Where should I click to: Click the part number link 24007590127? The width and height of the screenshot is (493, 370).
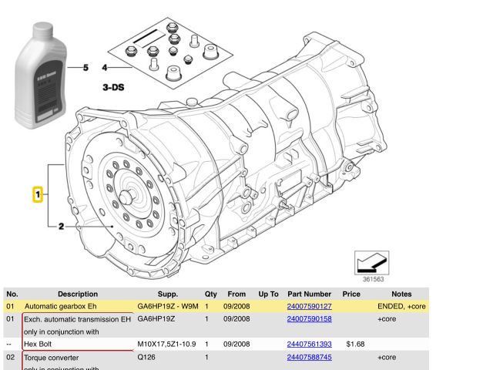(309, 307)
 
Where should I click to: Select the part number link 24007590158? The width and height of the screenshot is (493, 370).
(309, 319)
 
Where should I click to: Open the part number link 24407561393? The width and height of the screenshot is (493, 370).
(309, 345)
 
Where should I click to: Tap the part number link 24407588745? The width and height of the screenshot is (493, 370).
(309, 358)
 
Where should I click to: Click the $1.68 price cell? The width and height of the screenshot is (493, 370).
(354, 345)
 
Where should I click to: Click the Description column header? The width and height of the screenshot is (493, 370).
(77, 294)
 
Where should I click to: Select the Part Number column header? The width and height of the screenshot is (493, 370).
(308, 294)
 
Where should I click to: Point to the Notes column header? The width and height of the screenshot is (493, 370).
(401, 294)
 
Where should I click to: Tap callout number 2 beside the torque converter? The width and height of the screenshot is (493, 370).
(61, 226)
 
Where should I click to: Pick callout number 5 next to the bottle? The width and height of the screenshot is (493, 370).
(86, 68)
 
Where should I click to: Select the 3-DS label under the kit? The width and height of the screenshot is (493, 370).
(113, 88)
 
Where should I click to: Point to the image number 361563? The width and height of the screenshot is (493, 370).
(374, 280)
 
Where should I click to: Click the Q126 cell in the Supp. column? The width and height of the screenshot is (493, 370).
(146, 358)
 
